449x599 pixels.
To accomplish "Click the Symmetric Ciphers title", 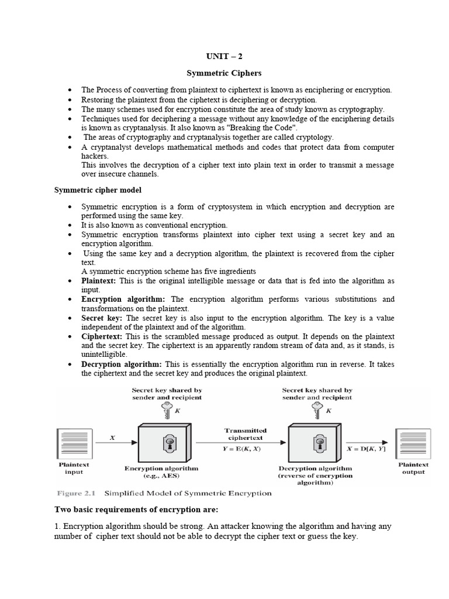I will (224, 74).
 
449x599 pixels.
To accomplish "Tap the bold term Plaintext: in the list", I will (99, 281).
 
